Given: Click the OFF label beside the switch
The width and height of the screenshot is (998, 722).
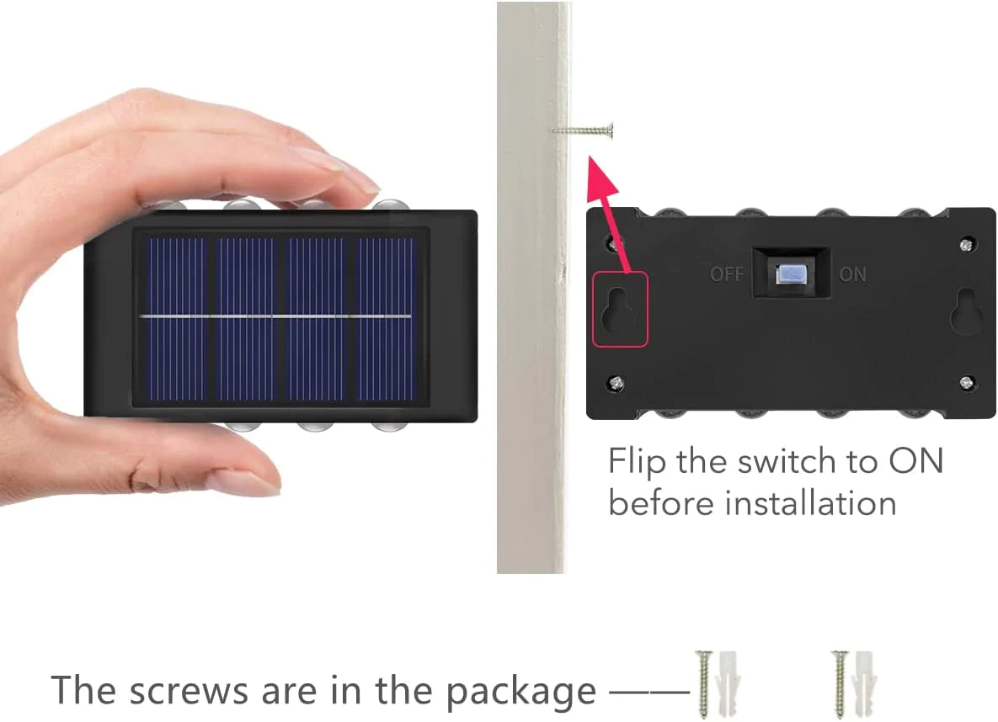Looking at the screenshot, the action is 727,274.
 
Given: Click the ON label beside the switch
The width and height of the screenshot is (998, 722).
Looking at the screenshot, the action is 853,274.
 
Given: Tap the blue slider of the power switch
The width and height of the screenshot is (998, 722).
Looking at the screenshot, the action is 791,275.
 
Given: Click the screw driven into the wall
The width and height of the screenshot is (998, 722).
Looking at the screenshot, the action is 583,131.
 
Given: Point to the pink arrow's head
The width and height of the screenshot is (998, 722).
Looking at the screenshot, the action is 600,176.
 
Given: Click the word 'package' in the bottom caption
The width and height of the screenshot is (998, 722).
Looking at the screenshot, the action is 520,692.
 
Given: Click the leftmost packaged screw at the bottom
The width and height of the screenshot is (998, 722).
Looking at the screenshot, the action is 703,684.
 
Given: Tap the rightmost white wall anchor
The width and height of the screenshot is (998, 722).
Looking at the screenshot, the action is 867,684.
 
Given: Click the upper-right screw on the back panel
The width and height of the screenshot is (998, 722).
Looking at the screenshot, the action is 967,243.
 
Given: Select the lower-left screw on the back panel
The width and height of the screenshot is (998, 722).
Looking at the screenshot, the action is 616,383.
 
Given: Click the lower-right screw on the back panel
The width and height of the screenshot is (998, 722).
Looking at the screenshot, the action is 967,382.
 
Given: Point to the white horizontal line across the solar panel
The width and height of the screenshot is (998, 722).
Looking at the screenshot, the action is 276,316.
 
